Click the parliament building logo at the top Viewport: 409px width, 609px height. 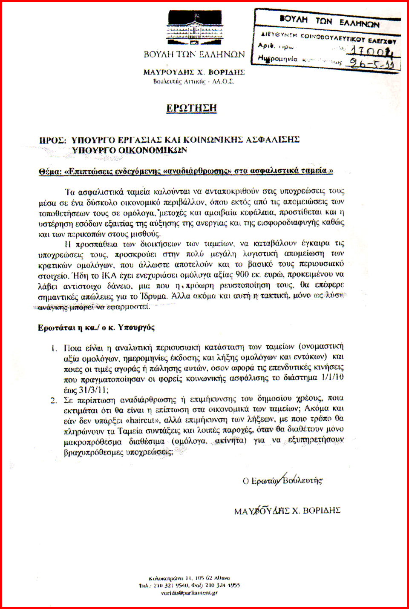pos(194,28)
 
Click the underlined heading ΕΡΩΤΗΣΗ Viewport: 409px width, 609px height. pos(191,108)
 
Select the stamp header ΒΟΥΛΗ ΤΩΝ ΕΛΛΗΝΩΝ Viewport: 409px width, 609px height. pos(329,20)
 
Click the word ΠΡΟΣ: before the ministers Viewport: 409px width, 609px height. pos(52,140)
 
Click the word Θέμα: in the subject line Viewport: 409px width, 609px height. pos(50,171)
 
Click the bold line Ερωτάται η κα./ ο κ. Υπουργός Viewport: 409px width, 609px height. pos(96,327)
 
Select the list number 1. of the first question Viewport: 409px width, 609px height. pos(54,348)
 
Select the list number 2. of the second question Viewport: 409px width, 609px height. pos(54,400)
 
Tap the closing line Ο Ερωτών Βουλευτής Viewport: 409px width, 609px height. pos(282,481)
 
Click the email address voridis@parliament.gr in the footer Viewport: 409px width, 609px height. pos(189,593)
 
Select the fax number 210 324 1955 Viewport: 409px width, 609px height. pos(223,586)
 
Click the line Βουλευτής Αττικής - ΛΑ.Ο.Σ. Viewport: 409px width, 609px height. pos(193,81)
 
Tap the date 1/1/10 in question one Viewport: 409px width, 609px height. pos(333,378)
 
